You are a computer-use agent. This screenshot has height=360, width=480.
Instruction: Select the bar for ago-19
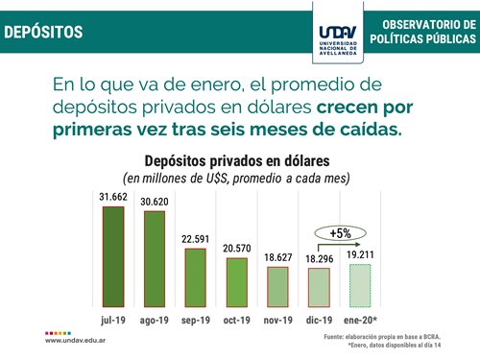156,257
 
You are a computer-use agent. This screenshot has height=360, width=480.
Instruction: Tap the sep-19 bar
196,276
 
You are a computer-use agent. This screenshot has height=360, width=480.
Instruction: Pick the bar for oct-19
237,280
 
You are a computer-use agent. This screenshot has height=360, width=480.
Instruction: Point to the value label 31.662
114,197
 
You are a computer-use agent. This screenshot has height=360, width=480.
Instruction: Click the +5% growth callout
339,233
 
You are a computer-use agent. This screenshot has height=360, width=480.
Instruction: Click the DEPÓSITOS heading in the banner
43,32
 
